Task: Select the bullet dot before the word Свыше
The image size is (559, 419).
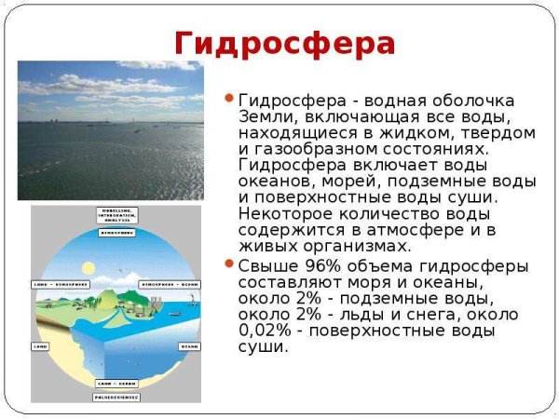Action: click(230, 264)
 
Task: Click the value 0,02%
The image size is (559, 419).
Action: click(267, 331)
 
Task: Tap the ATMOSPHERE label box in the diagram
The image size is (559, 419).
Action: click(117, 232)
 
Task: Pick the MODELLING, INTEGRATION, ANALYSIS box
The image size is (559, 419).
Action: click(117, 215)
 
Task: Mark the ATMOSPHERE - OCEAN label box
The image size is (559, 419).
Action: click(171, 284)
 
